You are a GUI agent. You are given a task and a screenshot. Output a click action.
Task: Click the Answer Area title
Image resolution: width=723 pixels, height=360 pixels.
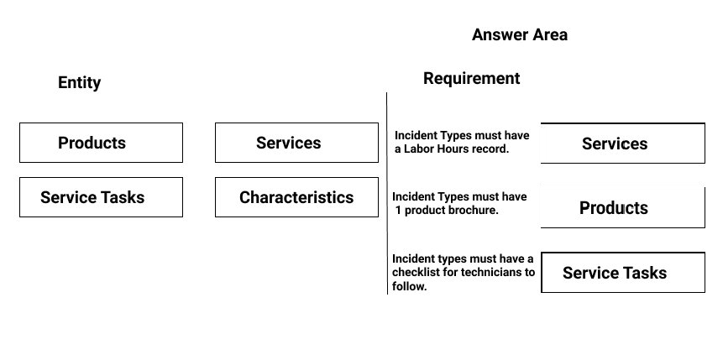coord(520,34)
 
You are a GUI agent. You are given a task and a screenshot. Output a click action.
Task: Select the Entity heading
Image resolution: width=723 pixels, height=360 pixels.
coord(79,82)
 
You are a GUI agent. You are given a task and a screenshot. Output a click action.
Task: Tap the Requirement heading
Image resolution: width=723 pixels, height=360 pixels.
coord(472,78)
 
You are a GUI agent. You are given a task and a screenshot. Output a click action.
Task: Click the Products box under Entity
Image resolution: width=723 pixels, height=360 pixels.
coord(101,143)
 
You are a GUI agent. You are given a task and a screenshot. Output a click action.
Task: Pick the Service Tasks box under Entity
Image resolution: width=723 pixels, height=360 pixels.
coord(101,197)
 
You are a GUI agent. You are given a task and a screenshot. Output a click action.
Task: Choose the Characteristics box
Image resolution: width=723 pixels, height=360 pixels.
coord(296,197)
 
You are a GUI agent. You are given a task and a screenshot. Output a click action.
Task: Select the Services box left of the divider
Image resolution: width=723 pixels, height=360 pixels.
coord(296,143)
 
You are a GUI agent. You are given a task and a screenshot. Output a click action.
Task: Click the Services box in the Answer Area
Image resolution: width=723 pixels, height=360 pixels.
coord(622,143)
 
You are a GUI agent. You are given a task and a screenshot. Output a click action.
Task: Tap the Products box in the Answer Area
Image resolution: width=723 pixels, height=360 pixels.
coord(622,207)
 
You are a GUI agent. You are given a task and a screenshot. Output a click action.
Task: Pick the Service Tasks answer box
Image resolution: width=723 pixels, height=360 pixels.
coord(622,273)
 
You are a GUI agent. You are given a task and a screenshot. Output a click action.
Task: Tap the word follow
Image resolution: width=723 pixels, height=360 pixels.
coord(409,286)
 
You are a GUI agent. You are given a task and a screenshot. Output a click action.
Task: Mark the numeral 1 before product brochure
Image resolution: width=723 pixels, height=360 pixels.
coord(397,210)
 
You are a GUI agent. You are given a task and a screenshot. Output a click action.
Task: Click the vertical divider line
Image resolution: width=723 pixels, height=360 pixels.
coord(387,193)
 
